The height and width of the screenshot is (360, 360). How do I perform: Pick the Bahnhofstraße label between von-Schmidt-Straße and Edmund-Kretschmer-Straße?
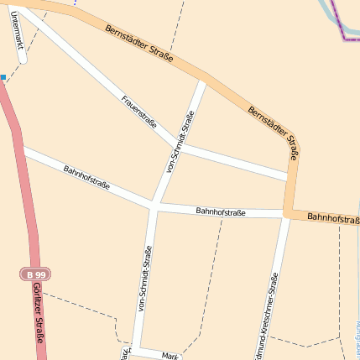(220, 212)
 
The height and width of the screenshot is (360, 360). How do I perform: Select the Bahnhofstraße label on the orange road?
(333, 217)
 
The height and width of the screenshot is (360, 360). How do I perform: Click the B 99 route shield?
(34, 274)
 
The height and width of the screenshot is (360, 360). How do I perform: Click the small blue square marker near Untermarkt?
(3, 77)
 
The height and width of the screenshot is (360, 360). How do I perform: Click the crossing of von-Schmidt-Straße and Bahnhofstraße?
(154, 204)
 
